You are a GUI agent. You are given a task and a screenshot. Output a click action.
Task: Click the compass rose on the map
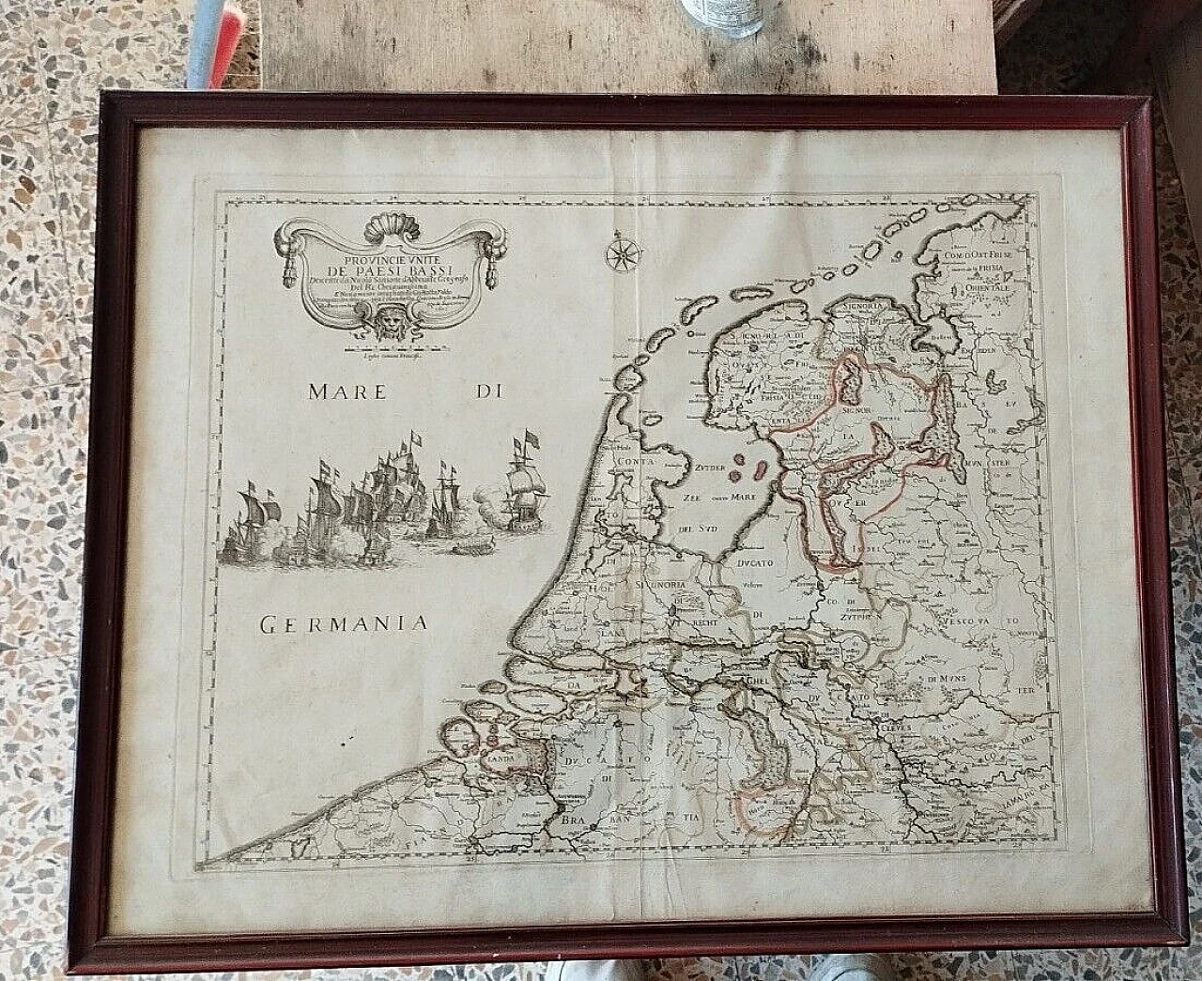pos(621,253)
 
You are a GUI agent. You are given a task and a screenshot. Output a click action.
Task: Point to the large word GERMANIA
pos(344,621)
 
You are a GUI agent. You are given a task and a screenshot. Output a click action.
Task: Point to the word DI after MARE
pos(484,392)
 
